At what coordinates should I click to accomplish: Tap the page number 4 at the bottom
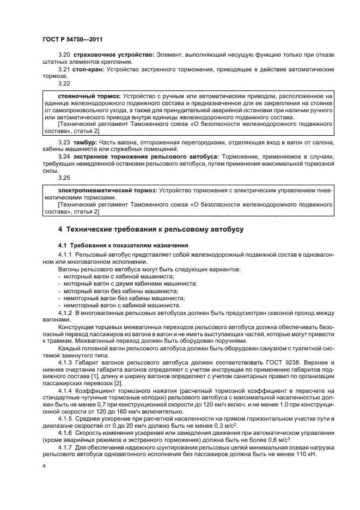44,467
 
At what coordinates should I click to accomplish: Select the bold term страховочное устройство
114,55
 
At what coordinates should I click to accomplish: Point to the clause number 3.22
64,84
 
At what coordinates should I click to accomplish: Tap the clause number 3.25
64,178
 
